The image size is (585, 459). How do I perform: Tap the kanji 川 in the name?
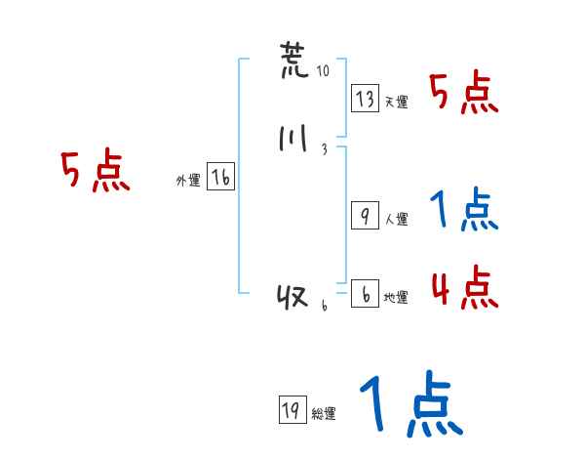tap(292, 141)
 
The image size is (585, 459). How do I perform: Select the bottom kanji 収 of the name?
tap(292, 297)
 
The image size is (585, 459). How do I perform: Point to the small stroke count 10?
tap(324, 72)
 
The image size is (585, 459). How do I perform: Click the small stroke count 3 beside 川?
tap(324, 149)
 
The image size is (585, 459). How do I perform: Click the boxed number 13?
tap(366, 99)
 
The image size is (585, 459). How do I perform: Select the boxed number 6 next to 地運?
tap(365, 294)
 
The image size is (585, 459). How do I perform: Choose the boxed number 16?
tap(221, 178)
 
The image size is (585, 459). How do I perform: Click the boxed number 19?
tap(291, 411)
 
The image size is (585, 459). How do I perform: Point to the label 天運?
tap(397, 102)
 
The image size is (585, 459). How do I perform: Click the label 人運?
tap(397, 220)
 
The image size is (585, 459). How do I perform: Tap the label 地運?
tap(397, 298)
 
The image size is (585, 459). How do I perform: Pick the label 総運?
tap(324, 414)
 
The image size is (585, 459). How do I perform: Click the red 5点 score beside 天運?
tap(465, 95)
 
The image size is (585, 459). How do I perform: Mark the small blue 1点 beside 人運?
tap(464, 211)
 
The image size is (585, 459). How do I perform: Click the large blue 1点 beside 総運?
tap(409, 405)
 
